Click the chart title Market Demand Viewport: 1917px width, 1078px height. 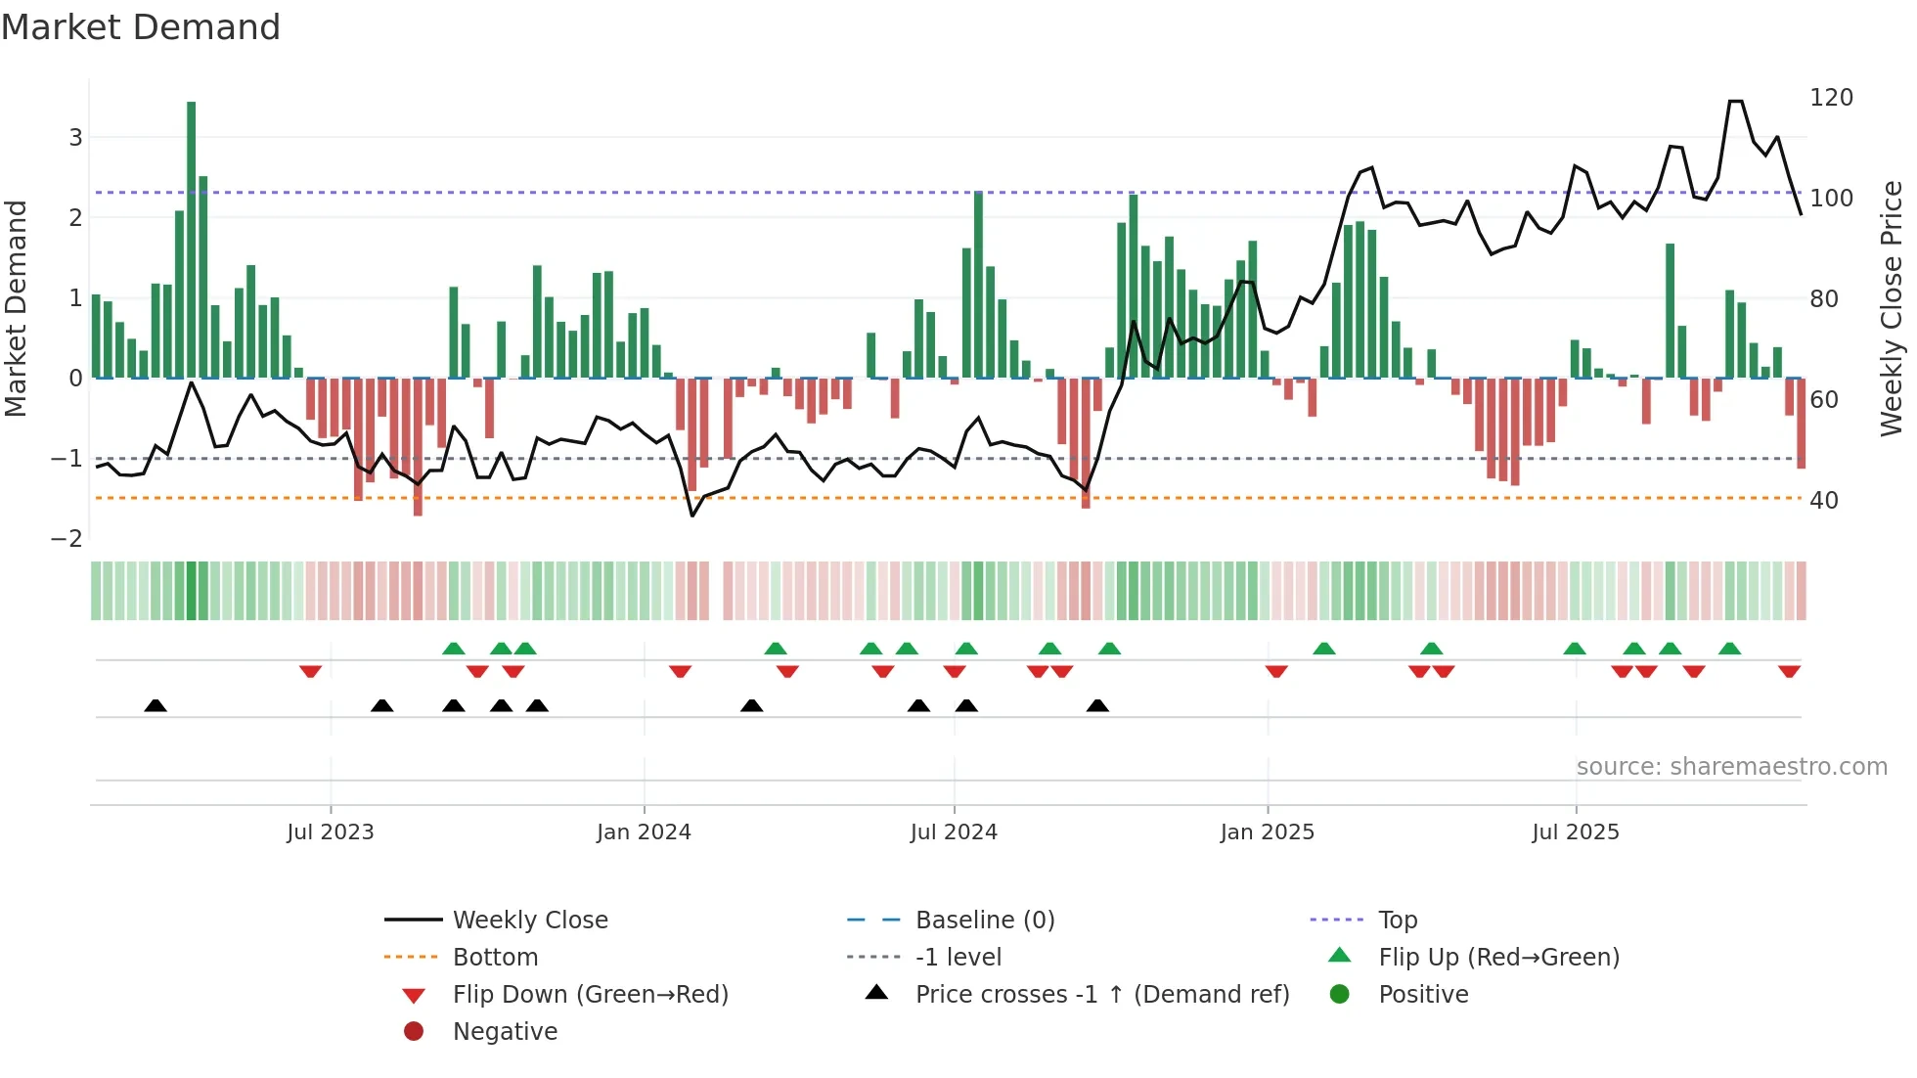pyautogui.click(x=141, y=27)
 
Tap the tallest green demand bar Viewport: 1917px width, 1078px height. pyautogui.click(x=192, y=240)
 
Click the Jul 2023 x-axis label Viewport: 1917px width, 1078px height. pyautogui.click(x=331, y=832)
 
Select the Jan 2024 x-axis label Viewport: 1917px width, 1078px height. pyautogui.click(x=644, y=832)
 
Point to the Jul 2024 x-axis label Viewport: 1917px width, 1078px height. pyautogui.click(x=954, y=832)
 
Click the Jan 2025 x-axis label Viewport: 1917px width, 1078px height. pyautogui.click(x=1268, y=832)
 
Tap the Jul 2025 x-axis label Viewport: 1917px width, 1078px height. pyautogui.click(x=1576, y=832)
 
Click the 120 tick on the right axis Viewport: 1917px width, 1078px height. pyautogui.click(x=1831, y=98)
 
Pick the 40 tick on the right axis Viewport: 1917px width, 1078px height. pyautogui.click(x=1824, y=501)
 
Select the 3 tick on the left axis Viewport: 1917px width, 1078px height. pyautogui.click(x=75, y=138)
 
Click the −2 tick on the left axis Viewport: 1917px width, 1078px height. pyautogui.click(x=67, y=539)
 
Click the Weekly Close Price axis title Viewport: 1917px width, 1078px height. pyautogui.click(x=1892, y=308)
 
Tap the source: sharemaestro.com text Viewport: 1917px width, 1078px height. pyautogui.click(x=1731, y=767)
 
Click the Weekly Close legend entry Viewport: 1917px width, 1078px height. pyautogui.click(x=529, y=921)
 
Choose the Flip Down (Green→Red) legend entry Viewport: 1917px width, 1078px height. pyautogui.click(x=590, y=995)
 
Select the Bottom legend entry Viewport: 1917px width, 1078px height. pyautogui.click(x=495, y=958)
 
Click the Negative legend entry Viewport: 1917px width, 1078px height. pyautogui.click(x=505, y=1032)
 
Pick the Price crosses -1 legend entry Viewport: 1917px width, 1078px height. pyautogui.click(x=1101, y=995)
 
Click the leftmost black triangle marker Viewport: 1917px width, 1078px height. pyautogui.click(x=156, y=705)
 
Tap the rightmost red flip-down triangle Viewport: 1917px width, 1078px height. pyautogui.click(x=1790, y=671)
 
